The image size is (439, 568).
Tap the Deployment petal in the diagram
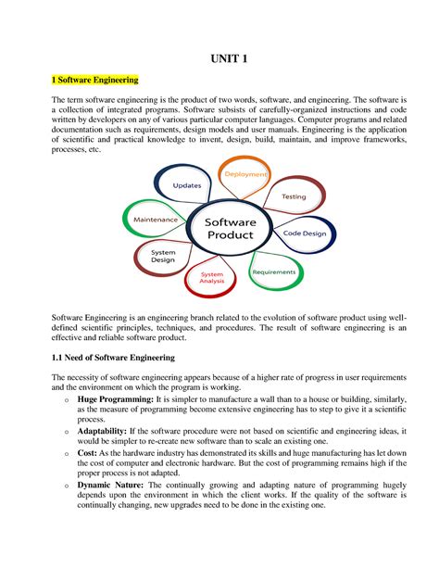click(x=243, y=174)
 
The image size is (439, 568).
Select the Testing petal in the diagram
click(x=293, y=196)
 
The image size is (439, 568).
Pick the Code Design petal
click(x=304, y=234)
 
